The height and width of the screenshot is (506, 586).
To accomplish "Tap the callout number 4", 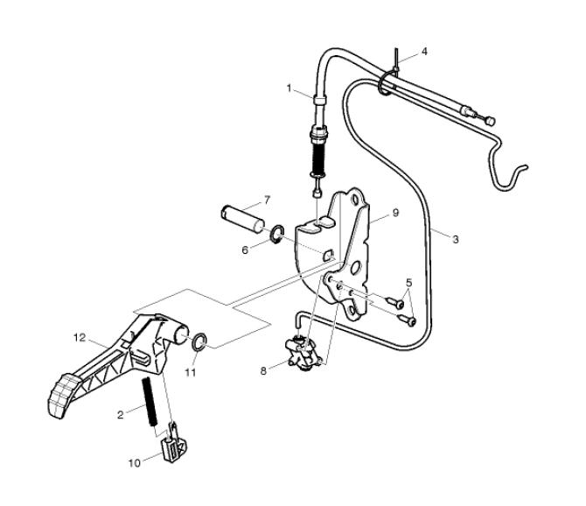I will click(x=425, y=51).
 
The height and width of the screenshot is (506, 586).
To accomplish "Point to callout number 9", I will click(x=395, y=213).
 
